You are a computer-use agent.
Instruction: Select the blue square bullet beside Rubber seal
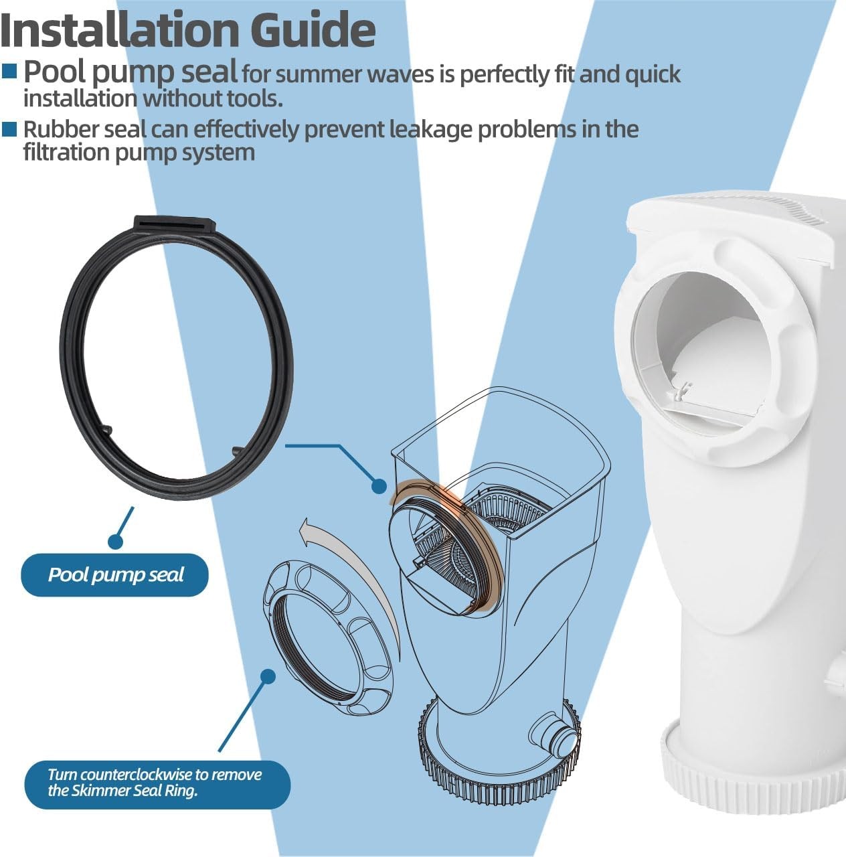(x=9, y=129)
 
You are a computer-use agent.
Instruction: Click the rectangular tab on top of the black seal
(x=175, y=223)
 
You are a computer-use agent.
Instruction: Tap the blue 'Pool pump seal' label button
(x=114, y=574)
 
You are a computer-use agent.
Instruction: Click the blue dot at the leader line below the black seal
(x=116, y=541)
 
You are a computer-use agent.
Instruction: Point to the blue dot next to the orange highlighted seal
(x=379, y=486)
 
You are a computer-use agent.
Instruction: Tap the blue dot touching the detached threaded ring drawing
(x=267, y=676)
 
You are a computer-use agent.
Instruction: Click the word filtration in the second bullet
(x=66, y=153)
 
